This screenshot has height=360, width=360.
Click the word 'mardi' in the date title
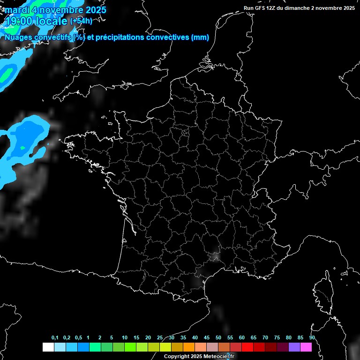tap(17, 10)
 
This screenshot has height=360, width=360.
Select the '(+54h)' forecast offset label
tap(81, 21)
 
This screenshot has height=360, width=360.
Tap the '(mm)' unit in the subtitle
tap(200, 37)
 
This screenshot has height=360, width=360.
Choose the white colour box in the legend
tap(48, 347)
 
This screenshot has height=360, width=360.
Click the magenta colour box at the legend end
tap(306, 347)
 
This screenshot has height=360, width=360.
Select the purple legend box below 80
tap(294, 347)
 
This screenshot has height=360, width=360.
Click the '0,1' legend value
tap(55, 338)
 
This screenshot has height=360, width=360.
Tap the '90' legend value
tap(312, 338)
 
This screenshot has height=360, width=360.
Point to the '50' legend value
tap(218, 338)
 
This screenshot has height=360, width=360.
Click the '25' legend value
tap(160, 338)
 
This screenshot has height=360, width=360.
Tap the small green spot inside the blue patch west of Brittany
tap(22, 149)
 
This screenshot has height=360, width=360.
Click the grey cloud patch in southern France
tap(215, 256)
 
